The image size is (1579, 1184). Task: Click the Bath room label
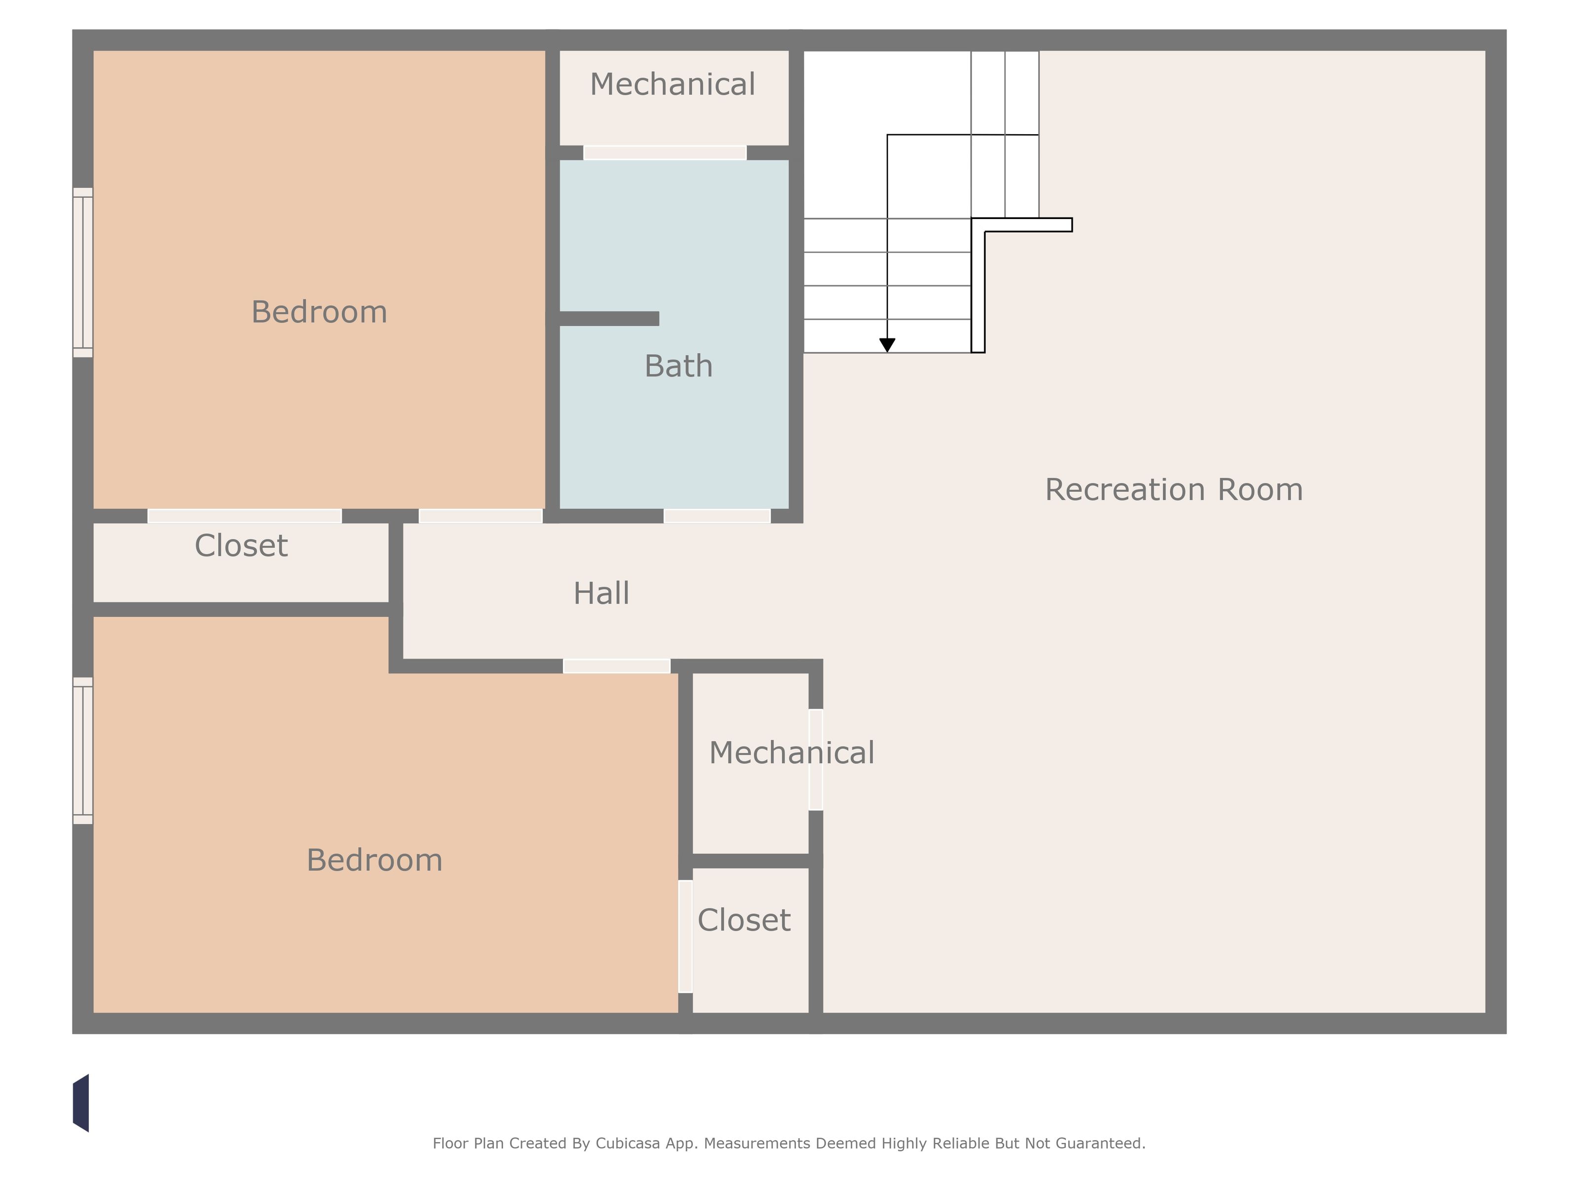click(678, 366)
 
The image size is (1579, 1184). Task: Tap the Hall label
click(601, 593)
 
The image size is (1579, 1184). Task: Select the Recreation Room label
click(1173, 489)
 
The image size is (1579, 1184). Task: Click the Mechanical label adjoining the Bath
click(673, 84)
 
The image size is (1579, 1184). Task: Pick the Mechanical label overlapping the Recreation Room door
click(791, 753)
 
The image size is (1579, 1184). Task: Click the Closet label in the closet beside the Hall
click(241, 546)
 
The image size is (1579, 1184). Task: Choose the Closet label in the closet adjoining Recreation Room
click(744, 920)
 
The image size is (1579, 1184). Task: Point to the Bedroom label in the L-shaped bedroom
click(375, 860)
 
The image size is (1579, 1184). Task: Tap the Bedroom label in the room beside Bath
click(319, 312)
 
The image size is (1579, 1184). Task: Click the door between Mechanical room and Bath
click(665, 153)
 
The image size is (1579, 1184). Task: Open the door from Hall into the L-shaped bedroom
click(617, 666)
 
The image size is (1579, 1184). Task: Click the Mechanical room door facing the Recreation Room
click(816, 759)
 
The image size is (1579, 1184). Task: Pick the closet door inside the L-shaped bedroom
click(685, 936)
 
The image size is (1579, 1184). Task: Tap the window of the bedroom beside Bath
click(83, 273)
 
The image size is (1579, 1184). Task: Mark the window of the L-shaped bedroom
click(83, 751)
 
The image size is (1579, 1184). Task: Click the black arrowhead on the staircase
click(887, 345)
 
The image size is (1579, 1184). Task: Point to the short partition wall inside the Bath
click(609, 318)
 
